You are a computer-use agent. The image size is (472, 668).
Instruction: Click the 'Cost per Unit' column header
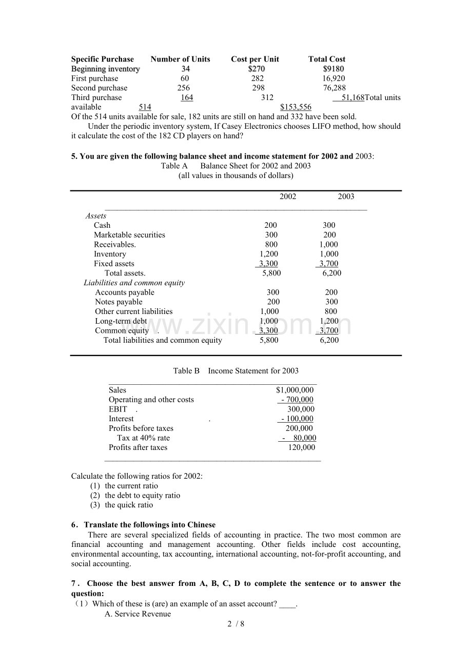click(255, 59)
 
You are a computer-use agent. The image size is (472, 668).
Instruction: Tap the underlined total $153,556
click(296, 107)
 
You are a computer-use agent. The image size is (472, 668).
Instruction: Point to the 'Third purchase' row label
click(96, 97)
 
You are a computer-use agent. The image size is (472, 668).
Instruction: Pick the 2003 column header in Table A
click(346, 197)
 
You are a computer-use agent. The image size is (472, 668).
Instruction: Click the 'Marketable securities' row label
click(129, 235)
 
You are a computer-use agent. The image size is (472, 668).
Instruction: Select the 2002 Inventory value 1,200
click(269, 254)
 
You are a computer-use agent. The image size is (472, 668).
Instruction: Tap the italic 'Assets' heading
click(96, 216)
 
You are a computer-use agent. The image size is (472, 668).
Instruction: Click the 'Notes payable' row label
click(119, 302)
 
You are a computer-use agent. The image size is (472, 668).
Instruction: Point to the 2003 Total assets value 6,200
click(331, 273)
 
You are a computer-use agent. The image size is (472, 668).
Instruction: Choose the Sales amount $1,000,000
click(294, 390)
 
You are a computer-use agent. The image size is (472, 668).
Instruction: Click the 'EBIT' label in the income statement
click(117, 409)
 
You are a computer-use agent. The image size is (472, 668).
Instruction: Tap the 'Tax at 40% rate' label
click(143, 438)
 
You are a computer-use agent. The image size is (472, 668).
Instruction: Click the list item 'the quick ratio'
click(129, 505)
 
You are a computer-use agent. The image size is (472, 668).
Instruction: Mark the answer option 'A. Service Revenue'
click(137, 614)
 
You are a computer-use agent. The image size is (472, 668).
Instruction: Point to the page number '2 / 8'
click(236, 624)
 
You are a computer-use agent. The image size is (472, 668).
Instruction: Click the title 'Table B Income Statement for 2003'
click(235, 371)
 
